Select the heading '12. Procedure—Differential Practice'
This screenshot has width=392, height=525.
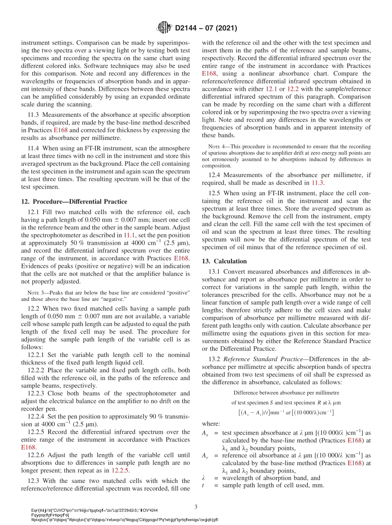74,201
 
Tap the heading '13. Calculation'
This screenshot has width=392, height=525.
224,261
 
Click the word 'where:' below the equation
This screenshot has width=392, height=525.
211,423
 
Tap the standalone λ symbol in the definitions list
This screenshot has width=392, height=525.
203,478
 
